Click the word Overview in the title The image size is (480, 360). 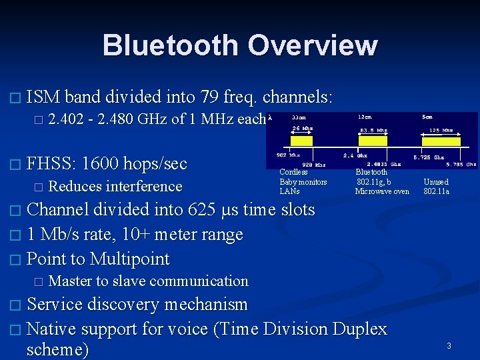coord(312,45)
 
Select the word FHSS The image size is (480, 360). coord(53,163)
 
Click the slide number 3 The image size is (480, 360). coord(449,345)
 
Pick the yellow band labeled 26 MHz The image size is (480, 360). coord(301,141)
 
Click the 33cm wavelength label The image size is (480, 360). coord(300,117)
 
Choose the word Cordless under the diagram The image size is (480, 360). coord(293,172)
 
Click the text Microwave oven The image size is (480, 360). coord(382,191)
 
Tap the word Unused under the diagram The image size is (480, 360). coord(436,182)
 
